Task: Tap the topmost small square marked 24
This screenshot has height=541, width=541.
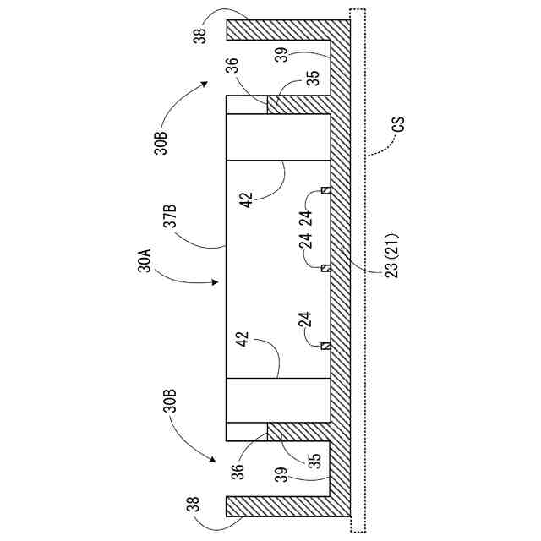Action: point(325,191)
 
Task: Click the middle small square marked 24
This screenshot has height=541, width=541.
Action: point(325,268)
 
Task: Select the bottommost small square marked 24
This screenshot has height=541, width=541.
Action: point(325,345)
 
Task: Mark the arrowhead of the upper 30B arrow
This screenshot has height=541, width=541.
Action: point(208,84)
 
